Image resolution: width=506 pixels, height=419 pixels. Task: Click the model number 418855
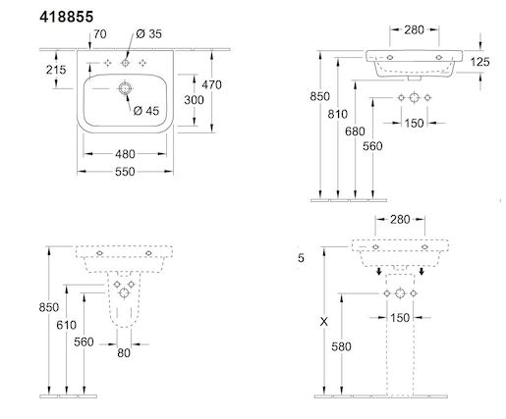pyautogui.click(x=67, y=17)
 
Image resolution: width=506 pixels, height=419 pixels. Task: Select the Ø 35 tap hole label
pyautogui.click(x=148, y=33)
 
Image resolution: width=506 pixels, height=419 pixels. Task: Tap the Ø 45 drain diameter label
pyautogui.click(x=146, y=111)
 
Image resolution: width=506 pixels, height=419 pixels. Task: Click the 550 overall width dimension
pyautogui.click(x=125, y=172)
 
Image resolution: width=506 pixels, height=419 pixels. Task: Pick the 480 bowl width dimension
pyautogui.click(x=125, y=154)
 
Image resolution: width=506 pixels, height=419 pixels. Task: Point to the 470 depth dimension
pyautogui.click(x=211, y=84)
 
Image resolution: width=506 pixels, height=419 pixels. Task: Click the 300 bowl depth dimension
pyautogui.click(x=194, y=100)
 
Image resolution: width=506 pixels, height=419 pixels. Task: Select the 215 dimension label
pyautogui.click(x=56, y=70)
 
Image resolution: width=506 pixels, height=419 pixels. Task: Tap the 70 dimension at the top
pyautogui.click(x=100, y=34)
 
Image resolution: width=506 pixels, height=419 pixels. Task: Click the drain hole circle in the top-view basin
pyautogui.click(x=125, y=88)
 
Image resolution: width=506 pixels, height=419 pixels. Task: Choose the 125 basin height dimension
pyautogui.click(x=479, y=62)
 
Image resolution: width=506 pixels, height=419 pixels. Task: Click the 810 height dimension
pyautogui.click(x=337, y=114)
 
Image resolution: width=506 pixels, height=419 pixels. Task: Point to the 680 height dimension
pyautogui.click(x=355, y=131)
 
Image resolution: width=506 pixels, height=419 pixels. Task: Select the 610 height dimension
pyautogui.click(x=67, y=325)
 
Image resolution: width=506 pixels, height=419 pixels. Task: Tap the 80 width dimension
pyautogui.click(x=124, y=353)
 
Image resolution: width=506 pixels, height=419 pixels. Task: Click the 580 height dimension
pyautogui.click(x=341, y=346)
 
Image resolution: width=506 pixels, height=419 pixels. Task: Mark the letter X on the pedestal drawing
pyautogui.click(x=323, y=322)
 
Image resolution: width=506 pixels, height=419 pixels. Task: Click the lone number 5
pyautogui.click(x=301, y=258)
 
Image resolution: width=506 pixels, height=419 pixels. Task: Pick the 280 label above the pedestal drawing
pyautogui.click(x=400, y=220)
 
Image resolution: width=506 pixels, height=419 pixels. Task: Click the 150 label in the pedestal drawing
pyautogui.click(x=400, y=318)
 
